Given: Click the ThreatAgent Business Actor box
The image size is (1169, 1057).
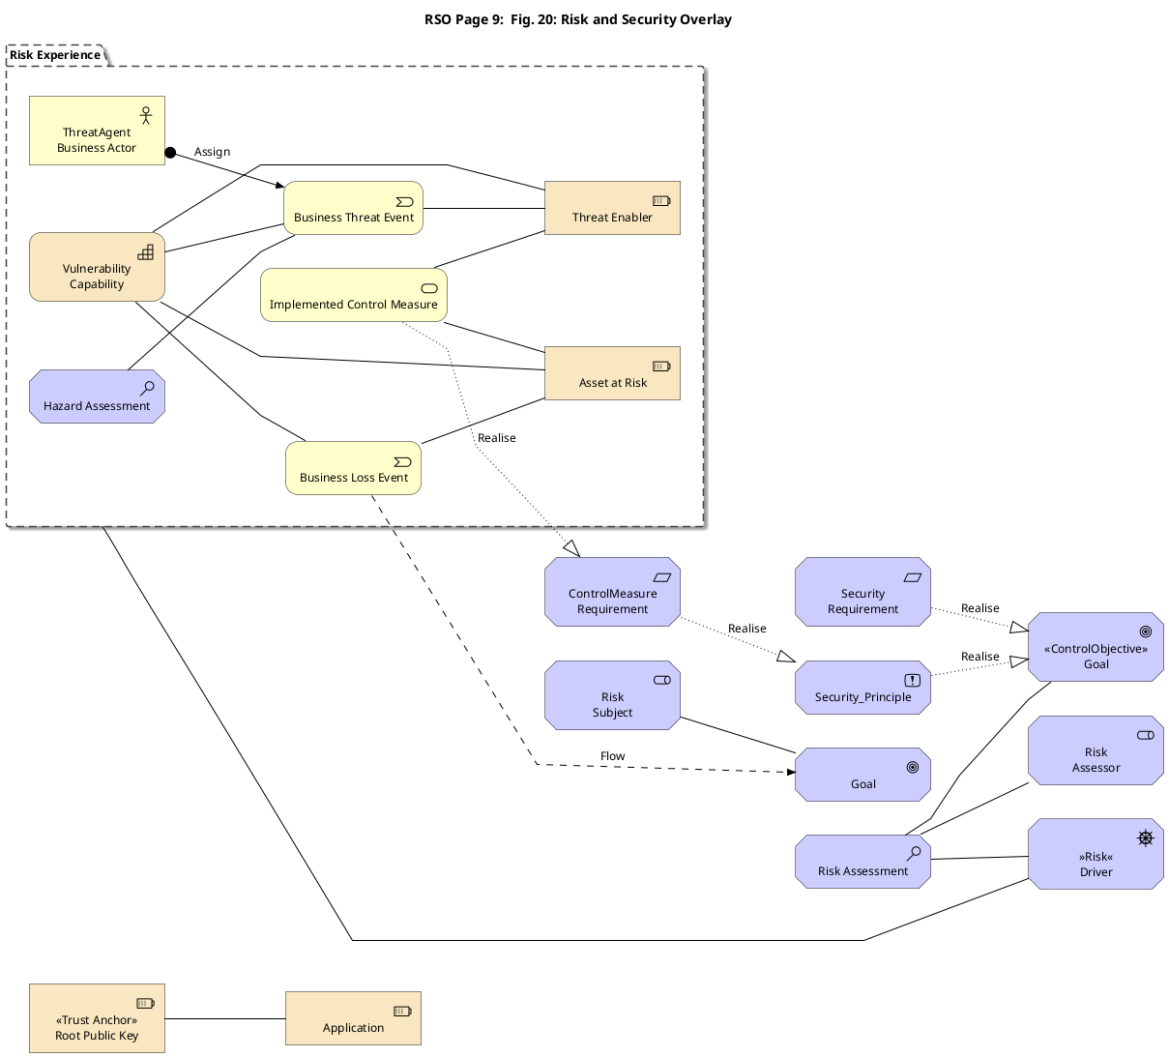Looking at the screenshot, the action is (x=97, y=131).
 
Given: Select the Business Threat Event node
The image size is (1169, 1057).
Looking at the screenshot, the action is (x=353, y=208).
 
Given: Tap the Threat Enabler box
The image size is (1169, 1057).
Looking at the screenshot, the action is (x=612, y=208).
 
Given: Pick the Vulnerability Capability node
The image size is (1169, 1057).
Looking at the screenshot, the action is (x=97, y=267).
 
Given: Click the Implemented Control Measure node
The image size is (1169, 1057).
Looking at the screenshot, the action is (x=353, y=295).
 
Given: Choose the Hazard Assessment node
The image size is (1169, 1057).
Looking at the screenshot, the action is (x=97, y=396).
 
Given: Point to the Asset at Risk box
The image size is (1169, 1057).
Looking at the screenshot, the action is (x=612, y=373).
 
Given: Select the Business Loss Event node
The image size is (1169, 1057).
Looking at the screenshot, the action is (x=353, y=468).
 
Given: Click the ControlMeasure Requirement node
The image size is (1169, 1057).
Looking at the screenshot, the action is (x=612, y=592).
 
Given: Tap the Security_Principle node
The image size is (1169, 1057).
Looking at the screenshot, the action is (x=862, y=688).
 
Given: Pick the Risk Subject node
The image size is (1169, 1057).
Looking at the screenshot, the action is (x=612, y=695).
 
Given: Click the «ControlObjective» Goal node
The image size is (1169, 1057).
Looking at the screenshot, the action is (x=1096, y=647).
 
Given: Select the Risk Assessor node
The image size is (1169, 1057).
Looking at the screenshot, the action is (x=1096, y=750).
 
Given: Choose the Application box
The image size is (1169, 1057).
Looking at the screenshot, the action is (x=353, y=1018).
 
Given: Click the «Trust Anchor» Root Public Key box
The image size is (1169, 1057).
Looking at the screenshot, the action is (x=97, y=1018).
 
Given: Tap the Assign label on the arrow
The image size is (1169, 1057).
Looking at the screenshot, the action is (x=212, y=152).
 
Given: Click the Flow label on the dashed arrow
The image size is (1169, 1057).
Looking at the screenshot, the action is (x=612, y=756).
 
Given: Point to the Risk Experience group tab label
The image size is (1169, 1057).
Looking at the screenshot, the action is (x=55, y=55).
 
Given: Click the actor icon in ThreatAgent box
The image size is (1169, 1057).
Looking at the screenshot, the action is (x=146, y=115).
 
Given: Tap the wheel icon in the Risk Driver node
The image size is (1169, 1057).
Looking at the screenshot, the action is (x=1145, y=838).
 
